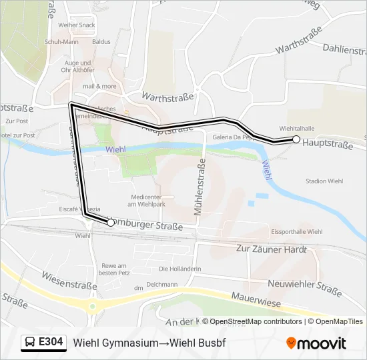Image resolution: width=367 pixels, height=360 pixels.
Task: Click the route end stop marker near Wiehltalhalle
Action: point(296,139)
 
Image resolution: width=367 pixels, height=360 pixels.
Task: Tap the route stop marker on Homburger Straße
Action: point(111,223)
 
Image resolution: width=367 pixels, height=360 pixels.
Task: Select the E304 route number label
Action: point(51,342)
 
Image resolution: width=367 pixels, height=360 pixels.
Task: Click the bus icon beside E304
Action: point(31,343)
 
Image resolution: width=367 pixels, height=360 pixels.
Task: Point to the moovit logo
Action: point(316,343)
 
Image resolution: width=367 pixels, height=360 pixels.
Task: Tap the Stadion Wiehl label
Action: point(324,181)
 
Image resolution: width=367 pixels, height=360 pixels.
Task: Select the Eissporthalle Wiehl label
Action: point(297,232)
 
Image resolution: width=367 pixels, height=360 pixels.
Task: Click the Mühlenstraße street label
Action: point(199,186)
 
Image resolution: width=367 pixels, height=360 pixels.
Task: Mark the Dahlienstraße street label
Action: point(344,49)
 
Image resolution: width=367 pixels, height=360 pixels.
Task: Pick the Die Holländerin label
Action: point(179,269)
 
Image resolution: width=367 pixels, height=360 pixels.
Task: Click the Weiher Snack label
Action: point(76,25)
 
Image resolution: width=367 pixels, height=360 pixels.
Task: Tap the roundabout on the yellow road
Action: point(92,306)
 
